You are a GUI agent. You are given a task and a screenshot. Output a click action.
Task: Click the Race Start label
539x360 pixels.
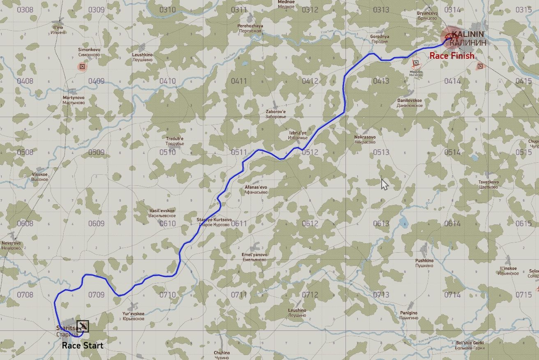[x=83, y=345]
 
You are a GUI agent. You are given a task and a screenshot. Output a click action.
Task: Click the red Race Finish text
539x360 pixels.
[x=451, y=56]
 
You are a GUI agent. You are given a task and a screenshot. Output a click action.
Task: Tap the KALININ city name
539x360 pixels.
[x=468, y=35]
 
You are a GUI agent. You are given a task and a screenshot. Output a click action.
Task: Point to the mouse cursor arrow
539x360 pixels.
[x=384, y=184]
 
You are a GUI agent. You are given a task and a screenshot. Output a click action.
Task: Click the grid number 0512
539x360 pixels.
[x=310, y=152]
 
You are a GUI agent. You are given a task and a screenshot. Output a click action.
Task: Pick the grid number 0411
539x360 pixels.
[x=239, y=81]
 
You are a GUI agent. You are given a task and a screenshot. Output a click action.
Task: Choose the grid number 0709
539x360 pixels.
[x=97, y=295]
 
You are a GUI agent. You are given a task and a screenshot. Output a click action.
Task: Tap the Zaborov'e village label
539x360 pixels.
[x=276, y=114]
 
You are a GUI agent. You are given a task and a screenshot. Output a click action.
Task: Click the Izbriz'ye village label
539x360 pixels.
[x=297, y=135]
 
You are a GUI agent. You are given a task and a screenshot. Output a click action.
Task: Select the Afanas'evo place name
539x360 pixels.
[x=256, y=189]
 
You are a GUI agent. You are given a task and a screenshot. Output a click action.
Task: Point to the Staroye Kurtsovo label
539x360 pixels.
[x=214, y=222]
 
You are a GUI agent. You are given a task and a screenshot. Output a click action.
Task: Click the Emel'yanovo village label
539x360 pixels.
[x=254, y=257]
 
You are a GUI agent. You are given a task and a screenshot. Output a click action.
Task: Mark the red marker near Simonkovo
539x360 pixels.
[x=83, y=66]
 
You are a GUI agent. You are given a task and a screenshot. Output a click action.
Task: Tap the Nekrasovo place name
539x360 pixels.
[x=365, y=139]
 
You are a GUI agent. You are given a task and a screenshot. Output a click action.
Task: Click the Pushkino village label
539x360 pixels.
[x=424, y=263]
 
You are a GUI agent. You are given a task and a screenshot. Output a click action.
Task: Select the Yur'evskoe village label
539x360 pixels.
[x=133, y=316]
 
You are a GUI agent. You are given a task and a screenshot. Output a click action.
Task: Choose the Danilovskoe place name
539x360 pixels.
[x=410, y=103]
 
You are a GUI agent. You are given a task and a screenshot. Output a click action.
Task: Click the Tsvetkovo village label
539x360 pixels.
[x=488, y=185]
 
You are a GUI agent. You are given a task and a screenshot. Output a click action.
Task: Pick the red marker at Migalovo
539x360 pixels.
[x=416, y=63]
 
